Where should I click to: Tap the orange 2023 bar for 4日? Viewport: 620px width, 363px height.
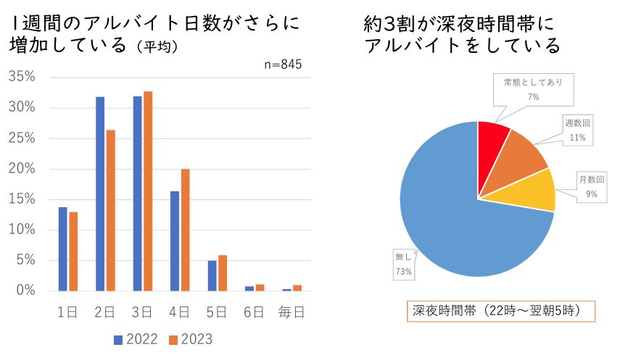(x=185, y=230)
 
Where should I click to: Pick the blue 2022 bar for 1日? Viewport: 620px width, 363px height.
(x=63, y=249)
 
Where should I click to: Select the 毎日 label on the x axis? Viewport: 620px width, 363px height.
(x=292, y=312)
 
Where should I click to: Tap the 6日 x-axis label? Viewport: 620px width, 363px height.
(x=254, y=312)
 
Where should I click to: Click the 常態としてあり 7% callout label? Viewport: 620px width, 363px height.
(x=533, y=88)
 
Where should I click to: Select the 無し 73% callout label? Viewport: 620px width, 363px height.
(x=403, y=264)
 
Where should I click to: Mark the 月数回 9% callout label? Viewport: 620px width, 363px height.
(x=591, y=186)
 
